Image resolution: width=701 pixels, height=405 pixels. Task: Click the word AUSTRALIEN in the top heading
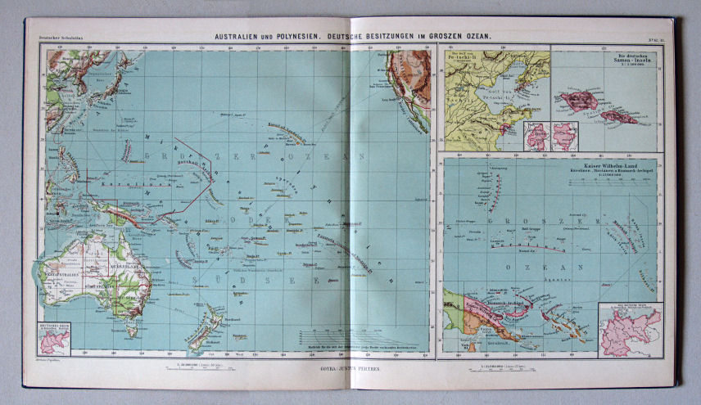pyautogui.click(x=237, y=37)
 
